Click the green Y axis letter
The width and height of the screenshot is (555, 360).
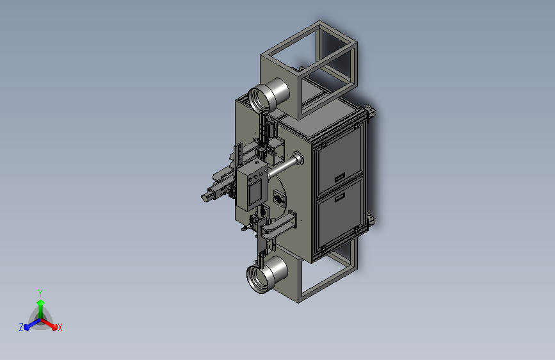point(40,293)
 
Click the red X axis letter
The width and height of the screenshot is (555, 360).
point(60,328)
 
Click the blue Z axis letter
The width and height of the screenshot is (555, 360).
point(21,327)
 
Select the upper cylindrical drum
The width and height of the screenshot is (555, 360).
point(269,95)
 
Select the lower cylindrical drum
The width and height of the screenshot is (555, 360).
point(267,275)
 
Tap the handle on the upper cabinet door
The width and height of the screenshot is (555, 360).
point(340,177)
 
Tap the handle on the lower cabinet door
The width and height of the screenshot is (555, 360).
point(340,197)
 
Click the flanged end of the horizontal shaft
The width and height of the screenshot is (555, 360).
point(298,158)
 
